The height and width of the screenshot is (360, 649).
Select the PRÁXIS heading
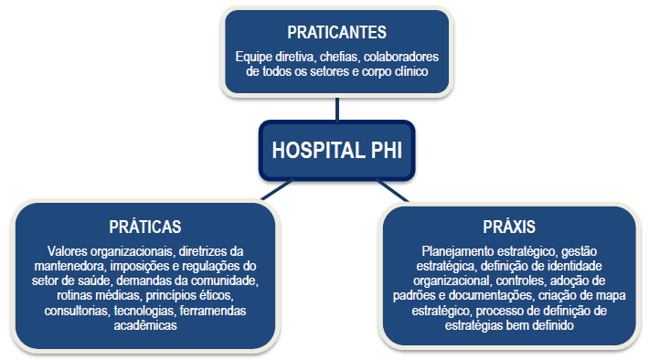pyautogui.click(x=509, y=225)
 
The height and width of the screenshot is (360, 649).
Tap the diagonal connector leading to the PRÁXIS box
pyautogui.click(x=399, y=189)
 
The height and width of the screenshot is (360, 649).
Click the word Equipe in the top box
pyautogui.click(x=256, y=57)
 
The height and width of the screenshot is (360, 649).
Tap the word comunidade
pyautogui.click(x=228, y=281)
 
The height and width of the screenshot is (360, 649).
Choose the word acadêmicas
pyautogui.click(x=144, y=325)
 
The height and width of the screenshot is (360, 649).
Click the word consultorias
pyautogui.click(x=75, y=311)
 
